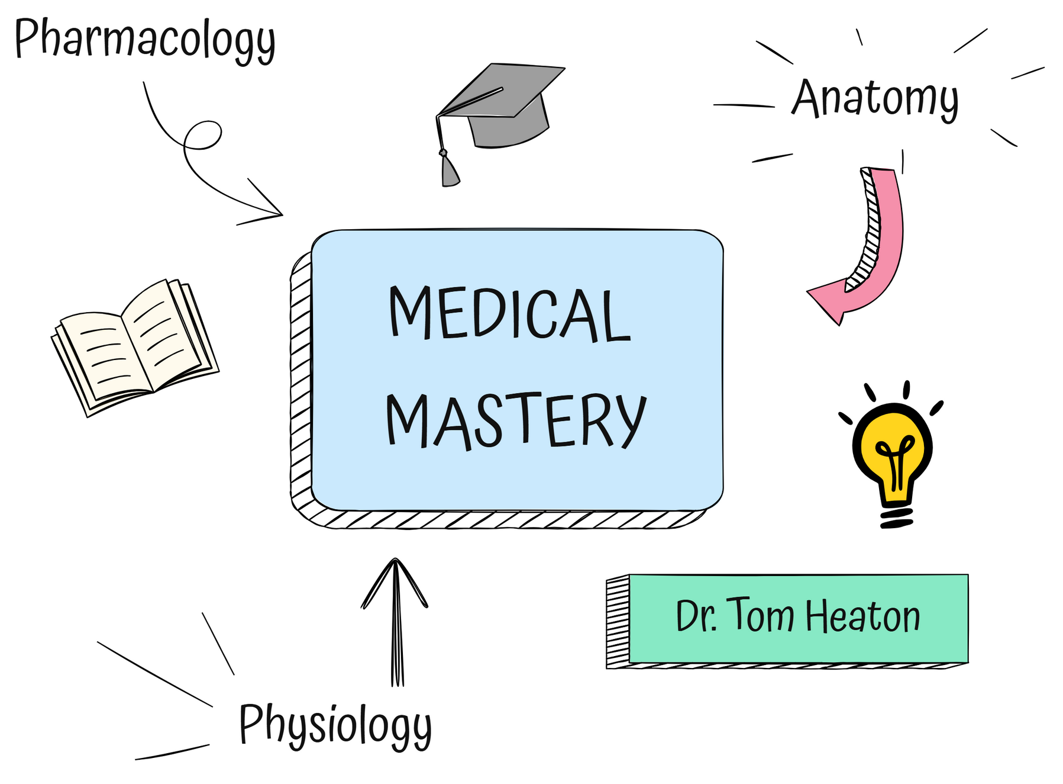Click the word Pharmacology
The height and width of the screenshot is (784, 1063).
tap(145, 40)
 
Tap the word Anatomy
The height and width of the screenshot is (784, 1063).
tap(875, 99)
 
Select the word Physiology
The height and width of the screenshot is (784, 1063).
tap(335, 726)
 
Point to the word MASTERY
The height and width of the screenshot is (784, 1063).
tap(516, 420)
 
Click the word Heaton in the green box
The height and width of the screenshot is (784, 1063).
tap(863, 616)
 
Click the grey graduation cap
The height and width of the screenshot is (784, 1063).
tap(500, 124)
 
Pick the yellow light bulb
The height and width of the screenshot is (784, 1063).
tap(891, 454)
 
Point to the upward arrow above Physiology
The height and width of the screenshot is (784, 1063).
tap(395, 622)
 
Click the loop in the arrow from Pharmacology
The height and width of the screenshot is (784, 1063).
tap(203, 136)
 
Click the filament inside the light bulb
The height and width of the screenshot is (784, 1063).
tap(894, 462)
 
